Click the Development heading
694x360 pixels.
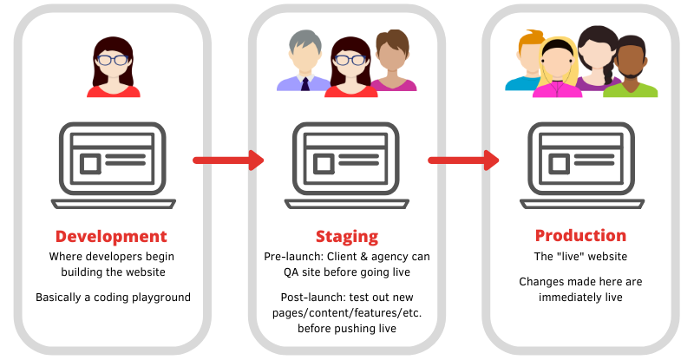tap(110, 236)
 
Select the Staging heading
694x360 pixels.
tap(347, 236)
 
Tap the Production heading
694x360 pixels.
tap(580, 236)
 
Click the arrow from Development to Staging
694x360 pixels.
tap(227, 160)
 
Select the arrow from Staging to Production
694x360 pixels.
tap(463, 160)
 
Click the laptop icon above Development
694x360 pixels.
tap(110, 165)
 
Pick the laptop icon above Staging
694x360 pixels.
tap(347, 165)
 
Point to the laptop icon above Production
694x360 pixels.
tap(580, 165)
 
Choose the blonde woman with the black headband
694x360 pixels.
tap(555, 69)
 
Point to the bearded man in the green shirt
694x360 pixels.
tap(631, 69)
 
